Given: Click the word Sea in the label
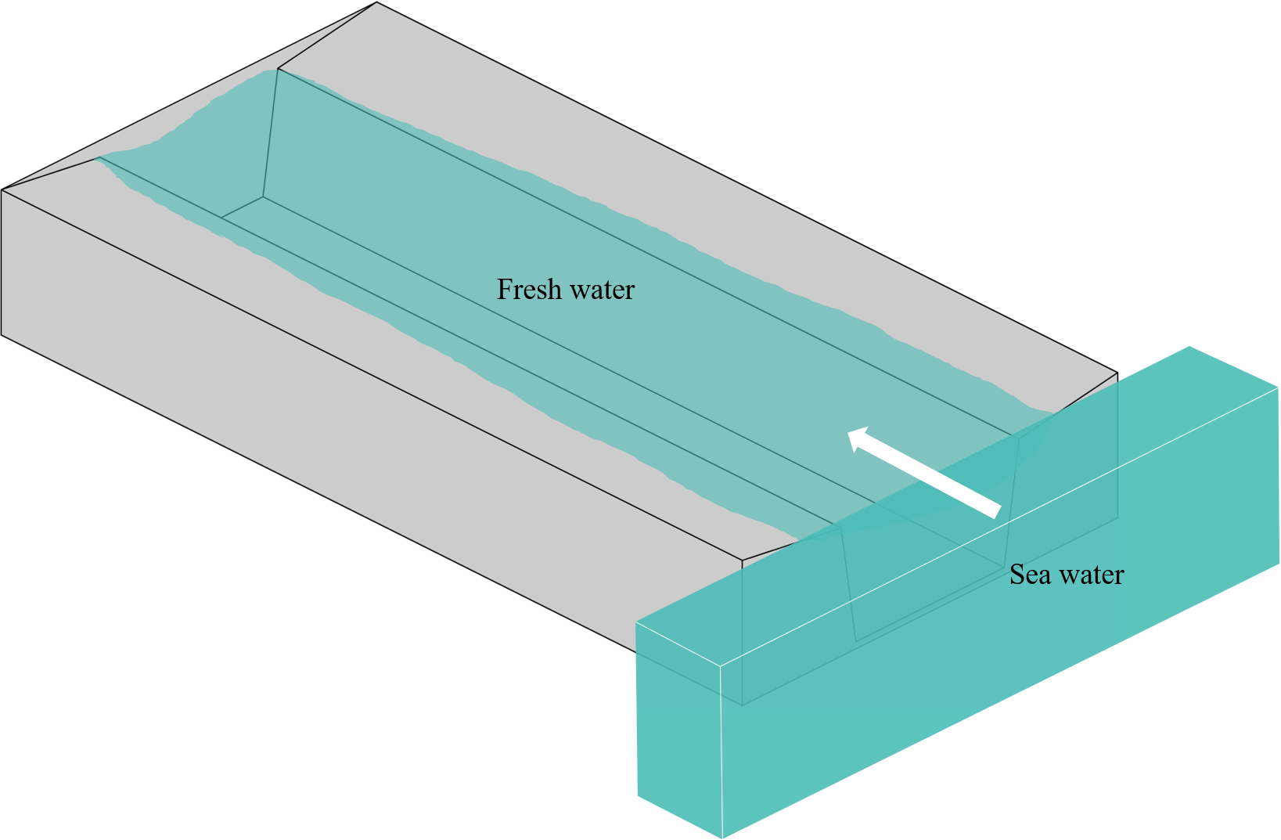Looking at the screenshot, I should coord(1028,575).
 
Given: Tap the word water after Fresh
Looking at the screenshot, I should coord(602,290).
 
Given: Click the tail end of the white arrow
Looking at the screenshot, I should coord(997,510).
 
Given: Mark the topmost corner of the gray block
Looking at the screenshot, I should coord(377,2).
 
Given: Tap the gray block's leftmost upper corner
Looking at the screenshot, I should coord(2,189).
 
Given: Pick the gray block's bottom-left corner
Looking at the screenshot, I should coord(2,335).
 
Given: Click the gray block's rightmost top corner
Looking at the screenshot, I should coord(1117,373).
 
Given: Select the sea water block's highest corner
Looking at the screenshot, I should coord(1189,347).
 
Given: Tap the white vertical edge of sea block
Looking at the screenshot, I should coord(721,752).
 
